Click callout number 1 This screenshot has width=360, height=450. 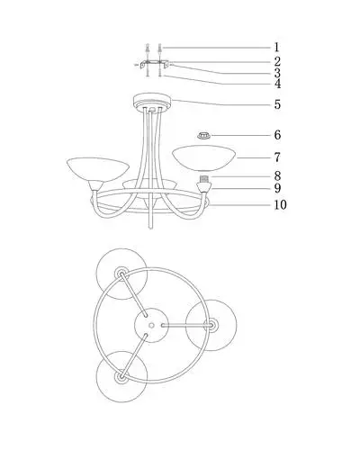[276, 48]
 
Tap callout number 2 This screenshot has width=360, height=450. [277, 61]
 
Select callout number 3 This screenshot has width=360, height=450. [277, 73]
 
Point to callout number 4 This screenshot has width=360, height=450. [277, 84]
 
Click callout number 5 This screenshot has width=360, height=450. [277, 104]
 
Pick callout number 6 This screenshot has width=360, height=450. [277, 135]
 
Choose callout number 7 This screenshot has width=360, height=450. [277, 157]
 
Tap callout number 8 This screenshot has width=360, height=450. [277, 176]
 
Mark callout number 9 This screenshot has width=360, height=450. [277, 188]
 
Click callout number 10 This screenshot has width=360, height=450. [280, 205]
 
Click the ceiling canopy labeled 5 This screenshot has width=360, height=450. [152, 102]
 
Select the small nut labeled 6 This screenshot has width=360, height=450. [203, 136]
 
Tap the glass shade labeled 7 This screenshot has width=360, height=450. [204, 158]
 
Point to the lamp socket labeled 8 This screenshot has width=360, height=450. [204, 179]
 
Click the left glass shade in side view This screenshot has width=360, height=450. [97, 169]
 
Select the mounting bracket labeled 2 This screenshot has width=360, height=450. [154, 64]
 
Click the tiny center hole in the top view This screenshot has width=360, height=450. [151, 325]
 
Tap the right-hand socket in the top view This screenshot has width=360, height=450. [211, 325]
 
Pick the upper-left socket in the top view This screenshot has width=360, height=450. [121, 274]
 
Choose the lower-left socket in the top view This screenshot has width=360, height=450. [121, 376]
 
